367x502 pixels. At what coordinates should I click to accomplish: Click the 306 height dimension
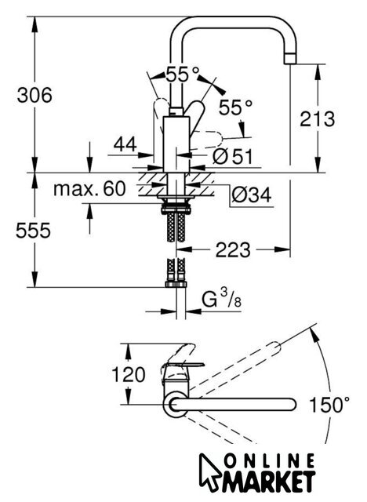35,96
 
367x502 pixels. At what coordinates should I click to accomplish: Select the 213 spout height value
317,119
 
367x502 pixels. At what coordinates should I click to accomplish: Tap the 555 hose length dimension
33,230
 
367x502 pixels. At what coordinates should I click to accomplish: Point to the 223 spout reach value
233,249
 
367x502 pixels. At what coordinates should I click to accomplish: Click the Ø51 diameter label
233,157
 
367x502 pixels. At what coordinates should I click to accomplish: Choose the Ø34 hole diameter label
252,195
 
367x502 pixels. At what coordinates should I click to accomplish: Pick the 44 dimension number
125,144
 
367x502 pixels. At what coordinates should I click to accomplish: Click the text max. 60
89,188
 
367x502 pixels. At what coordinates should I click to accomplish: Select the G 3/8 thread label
221,300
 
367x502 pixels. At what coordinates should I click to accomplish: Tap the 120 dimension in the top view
129,375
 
